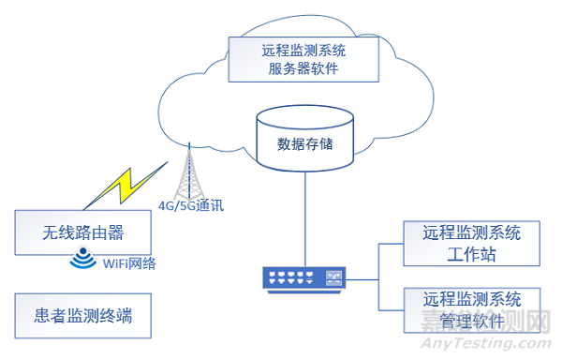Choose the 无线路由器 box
[83, 231]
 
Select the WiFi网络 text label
[127, 264]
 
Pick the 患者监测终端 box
[83, 317]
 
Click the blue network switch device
[304, 277]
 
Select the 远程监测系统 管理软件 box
[471, 310]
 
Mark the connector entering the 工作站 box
[390, 244]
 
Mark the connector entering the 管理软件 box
[390, 310]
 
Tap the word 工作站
[471, 254]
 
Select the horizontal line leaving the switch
[362, 277]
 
